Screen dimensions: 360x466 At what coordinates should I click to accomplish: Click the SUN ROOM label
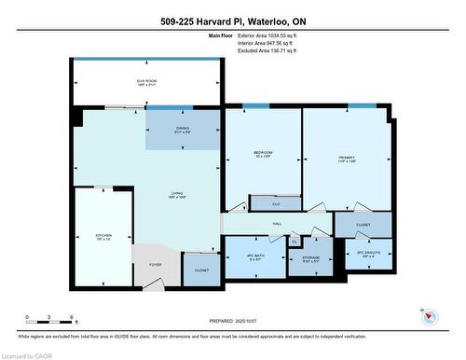click(147, 81)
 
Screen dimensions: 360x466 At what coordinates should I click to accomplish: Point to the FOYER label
click(155, 265)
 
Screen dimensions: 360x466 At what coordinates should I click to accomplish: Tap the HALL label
click(277, 224)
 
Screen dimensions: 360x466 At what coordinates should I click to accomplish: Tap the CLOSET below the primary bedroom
click(363, 225)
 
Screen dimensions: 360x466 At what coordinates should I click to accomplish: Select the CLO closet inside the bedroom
click(276, 202)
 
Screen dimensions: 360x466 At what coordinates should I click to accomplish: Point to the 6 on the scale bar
click(73, 318)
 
